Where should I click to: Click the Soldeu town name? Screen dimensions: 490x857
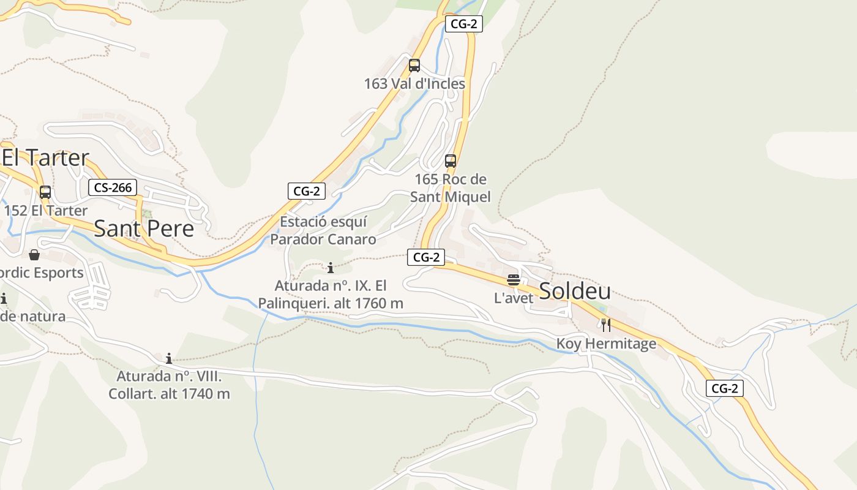point(574,292)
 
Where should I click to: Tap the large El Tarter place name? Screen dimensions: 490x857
point(45,158)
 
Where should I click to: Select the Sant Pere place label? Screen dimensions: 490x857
point(144,228)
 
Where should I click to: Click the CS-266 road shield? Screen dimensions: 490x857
point(112,187)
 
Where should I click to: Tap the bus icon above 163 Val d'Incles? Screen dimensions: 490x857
point(414,66)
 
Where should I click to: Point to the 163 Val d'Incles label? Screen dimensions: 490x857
point(414,83)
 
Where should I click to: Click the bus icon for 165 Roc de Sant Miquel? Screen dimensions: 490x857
point(451,161)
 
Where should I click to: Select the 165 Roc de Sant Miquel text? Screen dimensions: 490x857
point(451,188)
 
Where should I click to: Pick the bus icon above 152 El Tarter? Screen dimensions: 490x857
point(45,192)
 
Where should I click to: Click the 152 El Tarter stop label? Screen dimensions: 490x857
point(46,211)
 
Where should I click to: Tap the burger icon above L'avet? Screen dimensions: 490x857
point(514,281)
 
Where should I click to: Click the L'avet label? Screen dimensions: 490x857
point(514,298)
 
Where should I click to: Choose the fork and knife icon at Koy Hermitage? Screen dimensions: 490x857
point(606,325)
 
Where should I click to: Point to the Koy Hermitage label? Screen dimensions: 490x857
point(606,344)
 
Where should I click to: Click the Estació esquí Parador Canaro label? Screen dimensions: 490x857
point(323,230)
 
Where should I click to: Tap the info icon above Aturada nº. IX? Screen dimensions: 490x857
point(331,268)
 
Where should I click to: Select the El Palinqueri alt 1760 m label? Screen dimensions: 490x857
point(331,295)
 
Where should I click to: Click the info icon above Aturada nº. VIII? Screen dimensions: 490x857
point(169,358)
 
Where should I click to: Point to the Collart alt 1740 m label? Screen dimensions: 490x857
point(169,385)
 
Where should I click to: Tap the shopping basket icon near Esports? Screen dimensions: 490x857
point(34,254)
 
